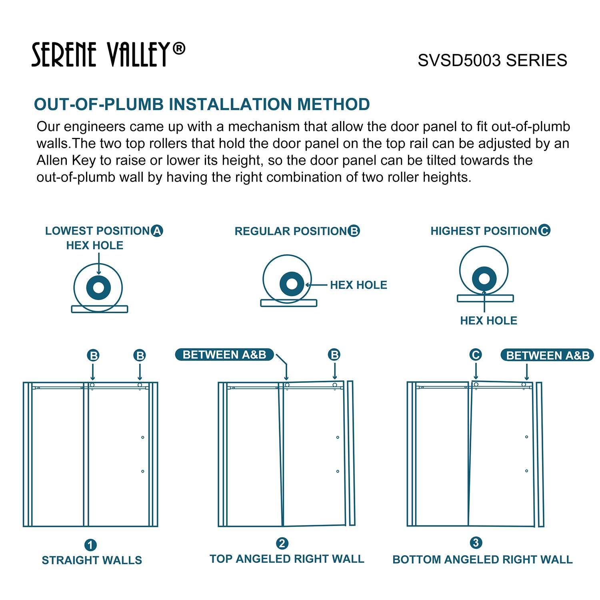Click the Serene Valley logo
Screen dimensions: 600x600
(108, 54)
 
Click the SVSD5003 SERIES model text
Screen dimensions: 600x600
(492, 60)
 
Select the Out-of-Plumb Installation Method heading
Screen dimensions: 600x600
(202, 104)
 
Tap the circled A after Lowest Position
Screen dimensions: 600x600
(157, 231)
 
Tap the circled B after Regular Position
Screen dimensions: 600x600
(354, 231)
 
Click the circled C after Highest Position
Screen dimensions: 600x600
(544, 230)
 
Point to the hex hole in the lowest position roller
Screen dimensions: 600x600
(98, 288)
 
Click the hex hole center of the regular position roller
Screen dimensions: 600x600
(292, 284)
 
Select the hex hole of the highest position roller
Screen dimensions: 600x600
(484, 278)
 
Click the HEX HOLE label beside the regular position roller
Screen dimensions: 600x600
(358, 285)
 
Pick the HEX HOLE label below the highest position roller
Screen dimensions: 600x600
(488, 320)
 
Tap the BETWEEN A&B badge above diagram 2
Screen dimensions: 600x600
(224, 355)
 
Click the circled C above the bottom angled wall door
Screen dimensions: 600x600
(476, 355)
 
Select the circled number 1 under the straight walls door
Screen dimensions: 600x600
(90, 545)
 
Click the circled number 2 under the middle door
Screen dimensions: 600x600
(282, 544)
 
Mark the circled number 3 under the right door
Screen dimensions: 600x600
(476, 543)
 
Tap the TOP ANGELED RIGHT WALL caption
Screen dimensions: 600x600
(287, 559)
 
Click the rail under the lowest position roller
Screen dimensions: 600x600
(100, 309)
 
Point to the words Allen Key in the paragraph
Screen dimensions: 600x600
(66, 160)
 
